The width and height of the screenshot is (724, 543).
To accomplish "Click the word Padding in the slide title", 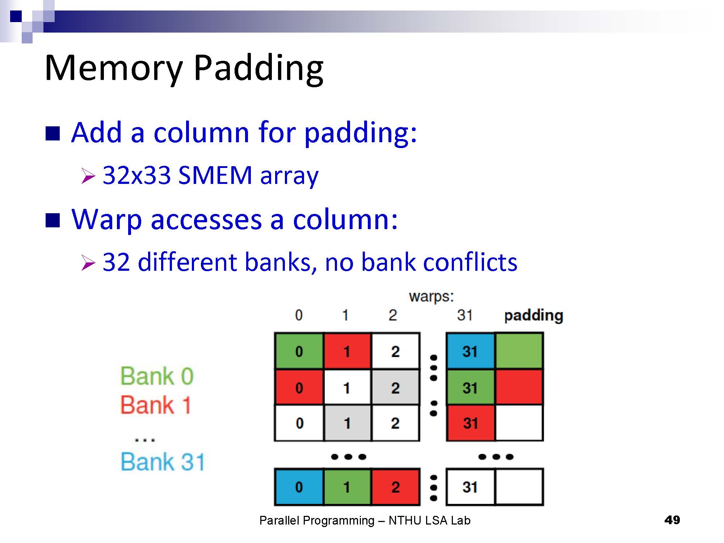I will pos(258,69).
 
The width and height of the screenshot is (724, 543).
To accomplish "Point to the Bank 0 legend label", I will pos(157,376).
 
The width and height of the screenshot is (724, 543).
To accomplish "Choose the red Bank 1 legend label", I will pos(156,405).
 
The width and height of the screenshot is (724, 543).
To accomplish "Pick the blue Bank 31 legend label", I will pos(163,462).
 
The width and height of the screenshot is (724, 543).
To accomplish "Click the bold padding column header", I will pos(534,315).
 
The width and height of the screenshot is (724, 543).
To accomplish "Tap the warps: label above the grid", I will pos(431,296).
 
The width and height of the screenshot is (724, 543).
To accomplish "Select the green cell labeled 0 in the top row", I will pos(299,351).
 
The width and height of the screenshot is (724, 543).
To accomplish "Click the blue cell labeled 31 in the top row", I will pos(470,351).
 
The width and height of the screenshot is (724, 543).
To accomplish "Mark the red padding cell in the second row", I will pos(519,387).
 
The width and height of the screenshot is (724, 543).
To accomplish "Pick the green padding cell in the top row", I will pos(519,351).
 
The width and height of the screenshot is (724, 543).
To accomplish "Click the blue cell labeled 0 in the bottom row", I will pos(299,487).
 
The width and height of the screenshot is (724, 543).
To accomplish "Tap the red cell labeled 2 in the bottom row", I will pos(395,487).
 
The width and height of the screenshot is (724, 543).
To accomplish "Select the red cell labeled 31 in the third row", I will pos(470,423).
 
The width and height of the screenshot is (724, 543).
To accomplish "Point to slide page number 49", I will pos(672,520).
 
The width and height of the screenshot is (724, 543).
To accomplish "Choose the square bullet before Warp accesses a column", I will pos(53,220).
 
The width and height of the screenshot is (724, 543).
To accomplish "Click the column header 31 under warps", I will pos(465,315).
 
